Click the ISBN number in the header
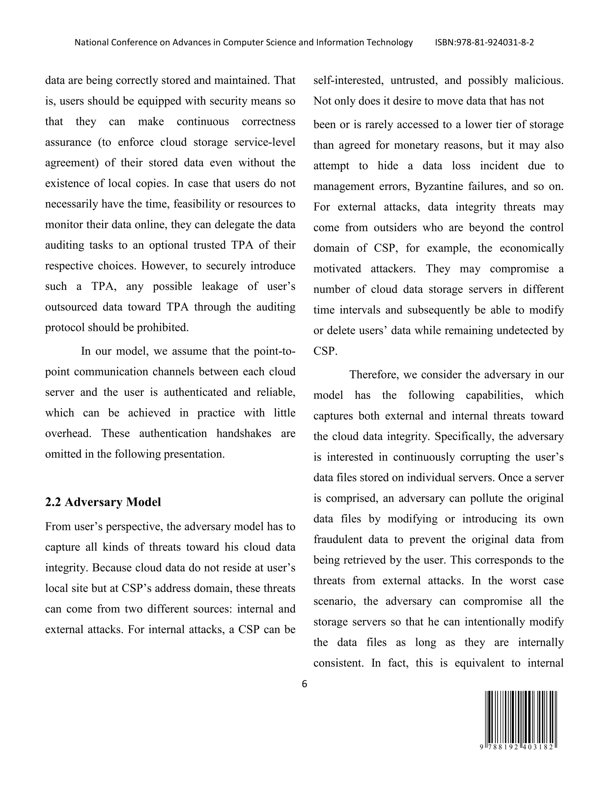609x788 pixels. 484,43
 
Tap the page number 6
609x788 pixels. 304,684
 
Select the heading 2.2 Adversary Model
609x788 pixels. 103,502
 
